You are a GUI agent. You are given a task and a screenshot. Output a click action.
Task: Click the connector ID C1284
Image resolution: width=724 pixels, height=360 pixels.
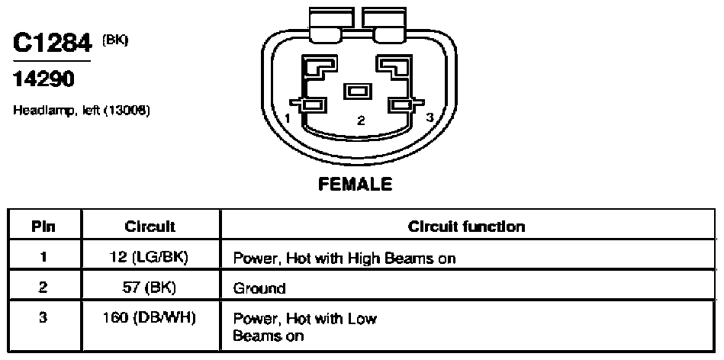tap(52, 44)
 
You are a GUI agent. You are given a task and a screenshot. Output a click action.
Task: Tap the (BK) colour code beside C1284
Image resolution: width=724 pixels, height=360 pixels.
tap(115, 40)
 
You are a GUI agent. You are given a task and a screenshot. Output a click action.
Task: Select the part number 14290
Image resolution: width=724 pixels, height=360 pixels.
tap(43, 79)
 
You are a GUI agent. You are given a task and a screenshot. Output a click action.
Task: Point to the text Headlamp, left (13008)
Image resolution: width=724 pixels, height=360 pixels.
tap(82, 111)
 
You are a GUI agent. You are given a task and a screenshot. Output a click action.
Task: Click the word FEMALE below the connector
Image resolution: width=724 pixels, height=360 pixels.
tap(355, 184)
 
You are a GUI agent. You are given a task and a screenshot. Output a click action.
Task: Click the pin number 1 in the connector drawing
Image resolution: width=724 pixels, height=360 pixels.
tap(287, 118)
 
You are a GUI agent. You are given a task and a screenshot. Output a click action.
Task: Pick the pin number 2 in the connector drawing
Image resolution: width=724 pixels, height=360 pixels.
tap(361, 121)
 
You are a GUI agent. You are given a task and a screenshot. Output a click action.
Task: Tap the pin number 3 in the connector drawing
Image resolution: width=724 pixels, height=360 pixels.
tap(430, 117)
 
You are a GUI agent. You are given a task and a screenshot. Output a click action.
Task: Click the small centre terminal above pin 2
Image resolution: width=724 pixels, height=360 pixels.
tap(357, 91)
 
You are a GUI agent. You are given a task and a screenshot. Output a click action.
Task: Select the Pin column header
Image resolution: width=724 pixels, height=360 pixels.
tap(43, 227)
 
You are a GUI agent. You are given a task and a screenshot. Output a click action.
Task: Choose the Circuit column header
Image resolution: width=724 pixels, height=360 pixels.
tap(150, 227)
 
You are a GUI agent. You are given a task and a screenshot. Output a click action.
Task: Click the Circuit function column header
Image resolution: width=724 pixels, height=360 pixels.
tap(466, 227)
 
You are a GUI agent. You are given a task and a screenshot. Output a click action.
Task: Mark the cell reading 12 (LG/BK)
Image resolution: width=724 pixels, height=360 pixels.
tap(150, 257)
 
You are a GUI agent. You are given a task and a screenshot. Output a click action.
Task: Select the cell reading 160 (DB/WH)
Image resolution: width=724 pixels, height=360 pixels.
tap(150, 318)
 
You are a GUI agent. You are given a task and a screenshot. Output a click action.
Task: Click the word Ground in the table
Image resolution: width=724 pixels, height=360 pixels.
tap(259, 288)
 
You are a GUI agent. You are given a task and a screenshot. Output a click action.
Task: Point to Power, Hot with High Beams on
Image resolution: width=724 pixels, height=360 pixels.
tap(344, 258)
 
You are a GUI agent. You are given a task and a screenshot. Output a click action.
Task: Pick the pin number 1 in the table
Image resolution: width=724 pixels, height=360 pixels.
tap(43, 256)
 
